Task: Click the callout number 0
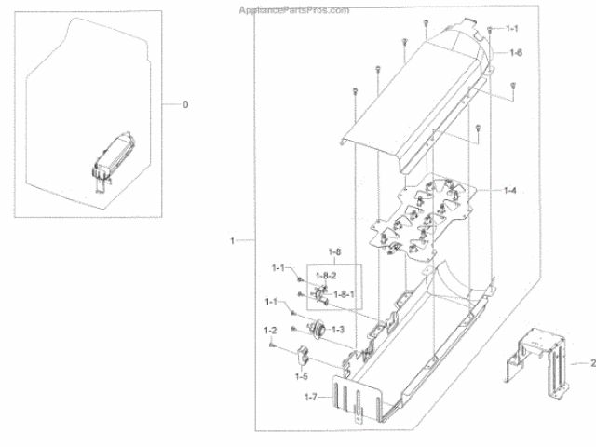(184, 104)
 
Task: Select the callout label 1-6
(515, 53)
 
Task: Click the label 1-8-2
(324, 277)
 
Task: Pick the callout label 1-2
(271, 331)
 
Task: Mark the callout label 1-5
(301, 376)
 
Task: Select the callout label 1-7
(311, 398)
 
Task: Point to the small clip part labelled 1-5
(303, 354)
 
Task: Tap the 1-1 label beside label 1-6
(512, 30)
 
